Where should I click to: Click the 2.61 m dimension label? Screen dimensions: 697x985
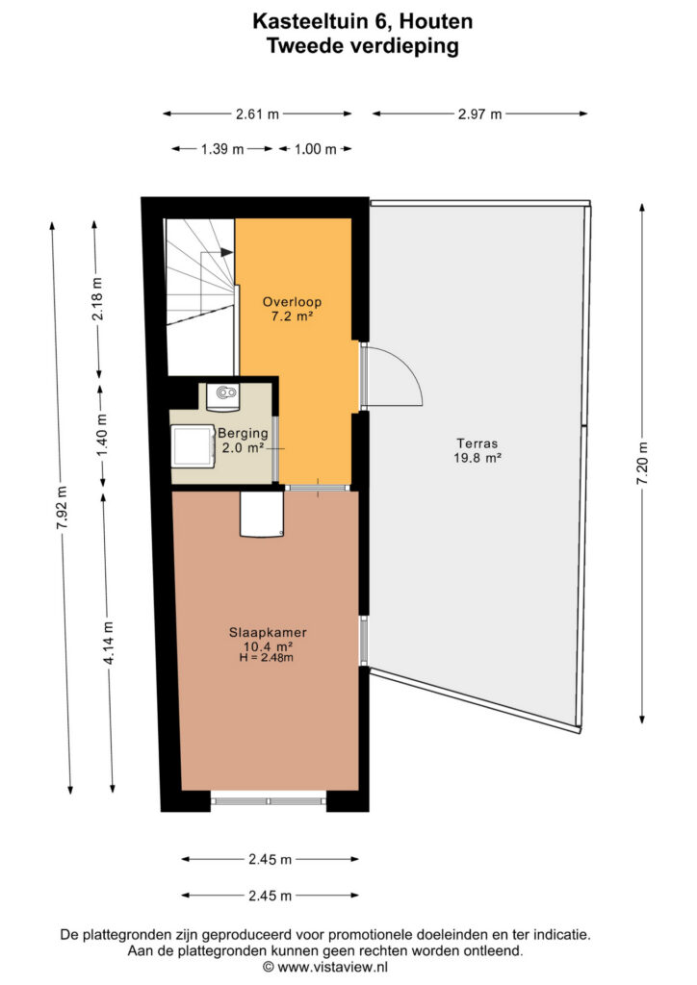coord(257,114)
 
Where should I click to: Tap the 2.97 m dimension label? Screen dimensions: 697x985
coord(479,114)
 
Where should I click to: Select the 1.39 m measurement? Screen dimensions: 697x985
coord(221,149)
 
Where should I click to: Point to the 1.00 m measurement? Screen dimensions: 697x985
coord(315,149)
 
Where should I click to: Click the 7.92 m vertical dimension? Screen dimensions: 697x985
coord(62,508)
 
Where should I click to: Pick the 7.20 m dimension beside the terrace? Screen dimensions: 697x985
coord(642,464)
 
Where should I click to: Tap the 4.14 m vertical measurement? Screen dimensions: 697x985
coord(109,643)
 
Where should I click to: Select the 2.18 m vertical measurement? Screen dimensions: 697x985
coord(98,299)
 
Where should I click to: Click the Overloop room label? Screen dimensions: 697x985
coord(293,302)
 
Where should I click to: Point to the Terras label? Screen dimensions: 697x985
coord(478,443)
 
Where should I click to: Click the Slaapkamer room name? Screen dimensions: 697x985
coord(268,633)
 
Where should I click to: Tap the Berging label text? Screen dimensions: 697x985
coord(243,433)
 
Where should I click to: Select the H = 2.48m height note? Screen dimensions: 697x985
coord(266,658)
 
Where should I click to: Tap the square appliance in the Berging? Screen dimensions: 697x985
coord(193,445)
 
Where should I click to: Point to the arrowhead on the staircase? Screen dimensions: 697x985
coord(227,253)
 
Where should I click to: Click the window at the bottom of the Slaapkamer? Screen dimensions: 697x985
coord(269,801)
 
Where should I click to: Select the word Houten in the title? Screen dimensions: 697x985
coord(436,21)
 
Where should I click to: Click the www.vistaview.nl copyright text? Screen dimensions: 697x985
coord(324,968)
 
